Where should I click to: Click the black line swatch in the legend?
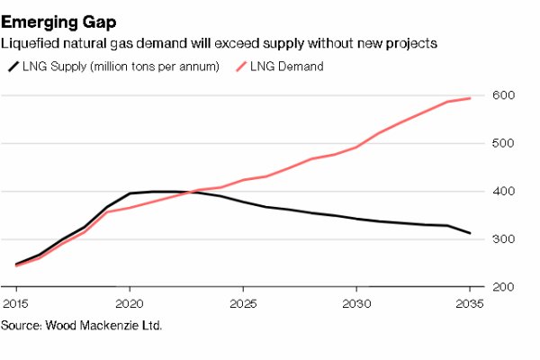[x=13, y=67]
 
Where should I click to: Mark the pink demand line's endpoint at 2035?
[x=470, y=98]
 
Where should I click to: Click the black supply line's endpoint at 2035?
[x=470, y=233]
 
